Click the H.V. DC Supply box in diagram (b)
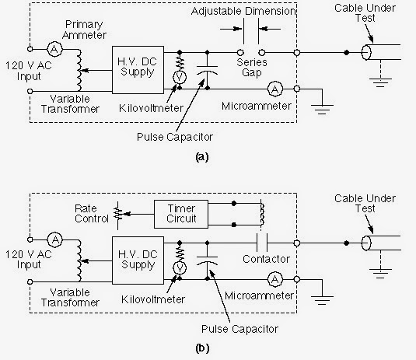click(138, 248)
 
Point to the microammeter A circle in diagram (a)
click(274, 87)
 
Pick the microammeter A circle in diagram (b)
click(274, 278)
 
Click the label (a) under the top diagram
click(201, 156)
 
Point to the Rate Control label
click(91, 214)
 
